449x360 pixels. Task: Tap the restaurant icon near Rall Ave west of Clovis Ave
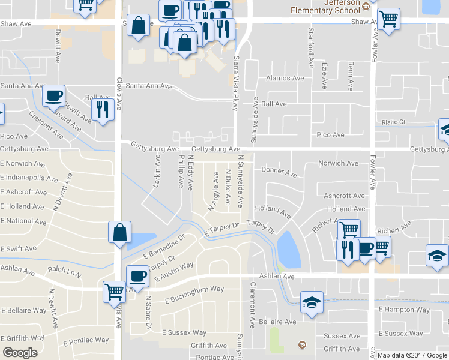pyautogui.click(x=102, y=109)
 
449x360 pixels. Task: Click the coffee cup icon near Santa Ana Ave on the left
pyautogui.click(x=53, y=95)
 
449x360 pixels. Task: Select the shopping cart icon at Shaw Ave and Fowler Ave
pyautogui.click(x=389, y=19)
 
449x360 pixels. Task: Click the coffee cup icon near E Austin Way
pyautogui.click(x=139, y=276)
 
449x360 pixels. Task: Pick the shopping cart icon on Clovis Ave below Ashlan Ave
pyautogui.click(x=115, y=292)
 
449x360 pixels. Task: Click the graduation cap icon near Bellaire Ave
pyautogui.click(x=312, y=302)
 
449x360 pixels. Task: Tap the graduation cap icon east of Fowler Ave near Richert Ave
pyautogui.click(x=437, y=256)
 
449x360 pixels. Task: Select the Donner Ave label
pyautogui.click(x=279, y=173)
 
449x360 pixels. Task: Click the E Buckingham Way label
pyautogui.click(x=196, y=292)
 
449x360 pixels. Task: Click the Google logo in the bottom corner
pyautogui.click(x=20, y=353)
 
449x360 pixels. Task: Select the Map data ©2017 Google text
pyautogui.click(x=411, y=355)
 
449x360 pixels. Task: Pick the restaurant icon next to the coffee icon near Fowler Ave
pyautogui.click(x=346, y=248)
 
